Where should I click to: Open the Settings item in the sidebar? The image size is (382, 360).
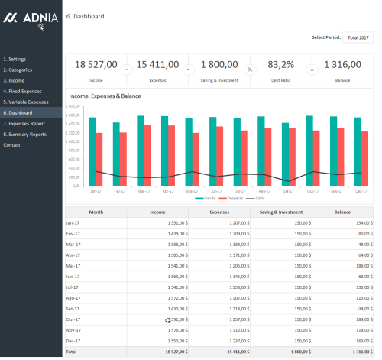click(15, 59)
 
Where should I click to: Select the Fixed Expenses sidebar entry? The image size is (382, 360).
click(23, 91)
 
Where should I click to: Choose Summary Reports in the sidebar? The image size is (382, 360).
click(24, 134)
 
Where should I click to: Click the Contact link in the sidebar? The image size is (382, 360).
click(11, 144)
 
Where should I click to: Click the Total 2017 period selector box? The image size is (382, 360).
click(358, 37)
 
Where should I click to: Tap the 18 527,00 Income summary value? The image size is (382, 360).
click(96, 65)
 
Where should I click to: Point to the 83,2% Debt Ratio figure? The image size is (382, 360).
click(281, 65)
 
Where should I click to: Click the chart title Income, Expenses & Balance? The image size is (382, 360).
click(111, 96)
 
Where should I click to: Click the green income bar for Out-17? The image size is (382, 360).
click(309, 151)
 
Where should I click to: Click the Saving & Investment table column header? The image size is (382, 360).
click(281, 212)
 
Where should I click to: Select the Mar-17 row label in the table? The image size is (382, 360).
click(75, 243)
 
